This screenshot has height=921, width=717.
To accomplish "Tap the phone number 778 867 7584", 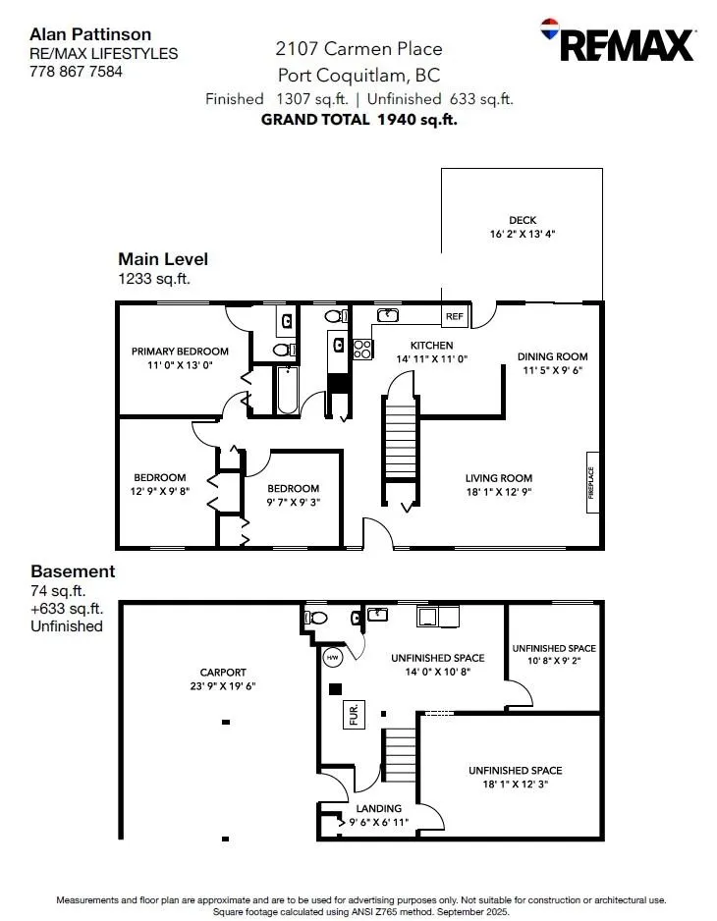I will (76, 71).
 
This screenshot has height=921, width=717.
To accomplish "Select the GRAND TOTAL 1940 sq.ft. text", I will (358, 120).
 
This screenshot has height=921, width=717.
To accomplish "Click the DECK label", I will (523, 221).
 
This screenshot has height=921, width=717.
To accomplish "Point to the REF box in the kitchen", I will (455, 316).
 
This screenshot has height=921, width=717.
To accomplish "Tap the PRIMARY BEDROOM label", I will (180, 352).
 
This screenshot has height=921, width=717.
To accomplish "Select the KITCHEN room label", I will (432, 346).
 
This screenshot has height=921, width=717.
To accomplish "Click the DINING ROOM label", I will (553, 356).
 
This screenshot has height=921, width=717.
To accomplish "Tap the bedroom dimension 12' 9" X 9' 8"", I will (160, 491).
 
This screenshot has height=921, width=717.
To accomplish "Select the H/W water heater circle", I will (332, 657).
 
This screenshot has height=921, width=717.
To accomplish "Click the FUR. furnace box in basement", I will (353, 715).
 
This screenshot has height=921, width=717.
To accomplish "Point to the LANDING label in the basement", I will (378, 808).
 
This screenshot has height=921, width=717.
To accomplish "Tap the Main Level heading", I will (163, 259).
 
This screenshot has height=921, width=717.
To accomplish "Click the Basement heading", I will (73, 571).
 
